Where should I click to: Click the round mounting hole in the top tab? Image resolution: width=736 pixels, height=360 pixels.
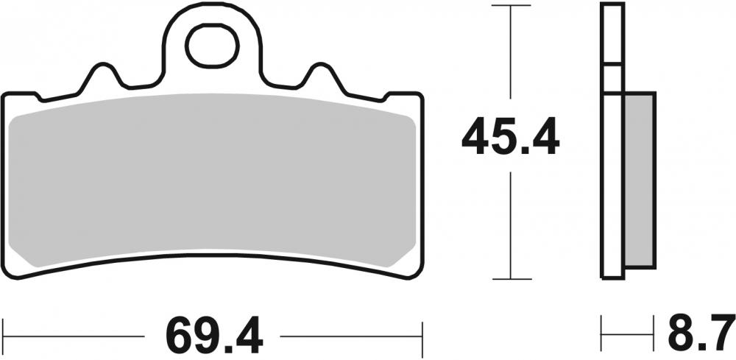[213, 46]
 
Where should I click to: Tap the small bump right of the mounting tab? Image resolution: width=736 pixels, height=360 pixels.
[321, 76]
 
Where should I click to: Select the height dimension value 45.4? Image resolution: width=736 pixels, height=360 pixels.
[510, 138]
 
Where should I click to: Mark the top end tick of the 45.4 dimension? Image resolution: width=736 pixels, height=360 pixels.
[510, 6]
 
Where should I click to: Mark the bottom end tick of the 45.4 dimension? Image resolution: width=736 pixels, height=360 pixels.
[510, 279]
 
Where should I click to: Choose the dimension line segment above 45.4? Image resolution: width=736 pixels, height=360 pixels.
[510, 59]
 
